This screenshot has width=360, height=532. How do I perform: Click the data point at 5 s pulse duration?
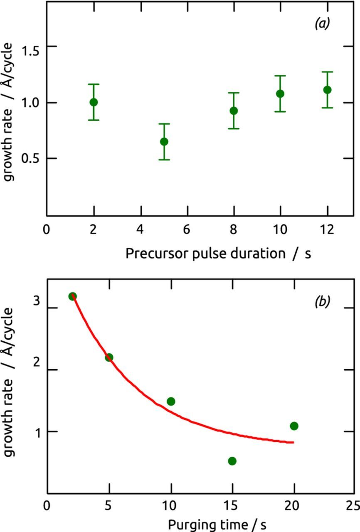164,142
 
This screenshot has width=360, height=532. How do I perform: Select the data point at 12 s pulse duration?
327,90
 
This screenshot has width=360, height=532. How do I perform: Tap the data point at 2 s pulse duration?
94,102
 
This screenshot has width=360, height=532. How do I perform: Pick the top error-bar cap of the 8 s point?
234,93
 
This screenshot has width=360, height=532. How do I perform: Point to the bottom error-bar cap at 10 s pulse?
280,111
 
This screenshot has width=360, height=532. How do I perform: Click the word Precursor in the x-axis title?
157,253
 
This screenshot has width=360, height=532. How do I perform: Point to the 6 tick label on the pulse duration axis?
187,230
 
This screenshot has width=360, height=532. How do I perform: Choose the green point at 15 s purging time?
232,461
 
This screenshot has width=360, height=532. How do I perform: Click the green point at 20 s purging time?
294,426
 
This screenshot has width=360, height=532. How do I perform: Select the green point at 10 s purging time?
171,401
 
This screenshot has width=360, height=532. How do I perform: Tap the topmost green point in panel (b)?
72,296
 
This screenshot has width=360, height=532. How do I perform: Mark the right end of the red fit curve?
293,442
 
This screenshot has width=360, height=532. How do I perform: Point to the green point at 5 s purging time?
109,357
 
